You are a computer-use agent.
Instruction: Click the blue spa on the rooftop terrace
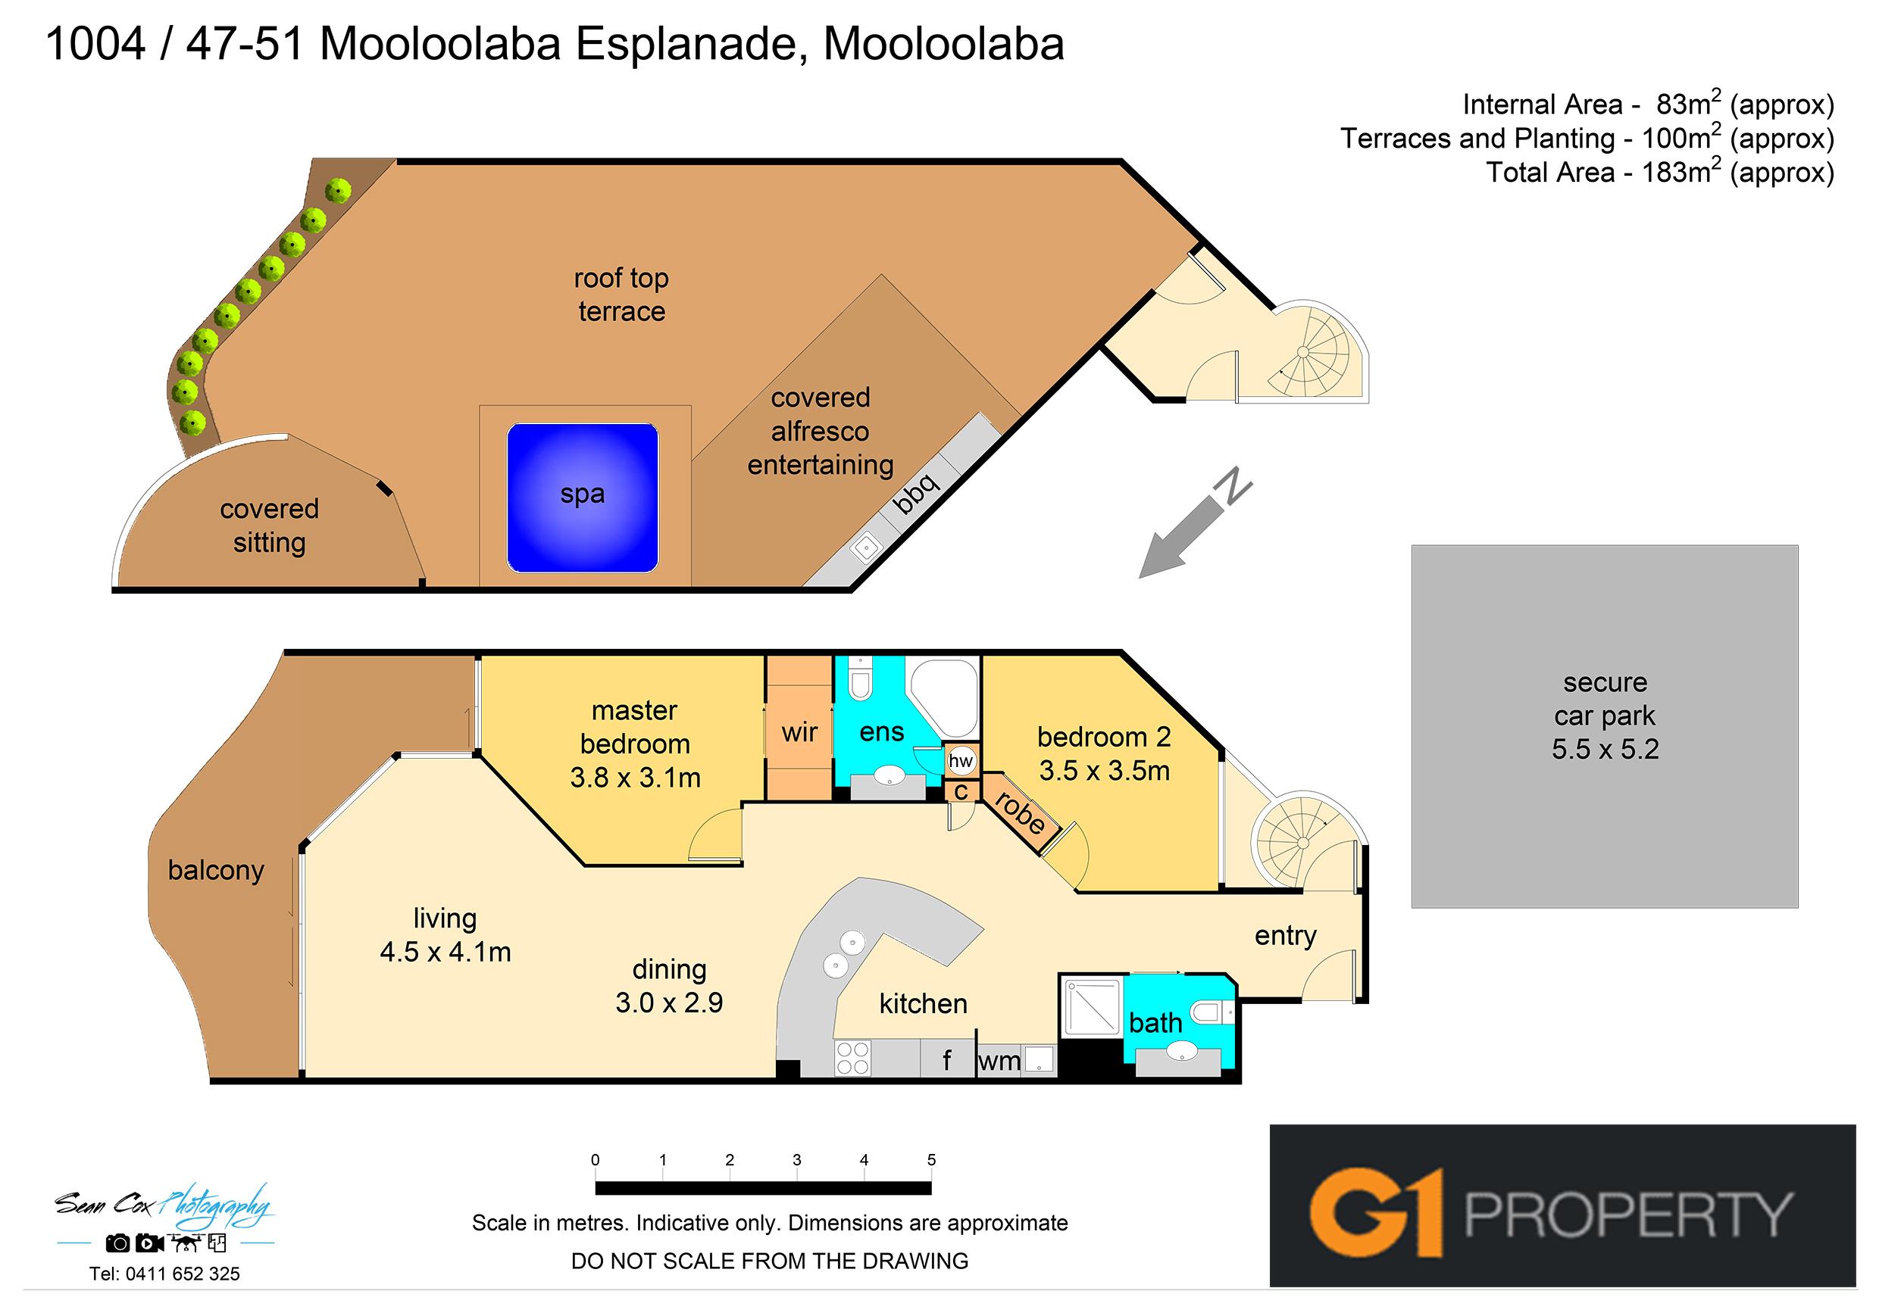tap(583, 497)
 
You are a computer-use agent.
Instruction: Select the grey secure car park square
tap(1604, 726)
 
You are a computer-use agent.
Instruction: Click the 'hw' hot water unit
tap(961, 761)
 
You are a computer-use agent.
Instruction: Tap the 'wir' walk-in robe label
tap(799, 732)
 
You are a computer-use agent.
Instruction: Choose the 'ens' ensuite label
tap(881, 732)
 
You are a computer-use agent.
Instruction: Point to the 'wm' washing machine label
tap(999, 1062)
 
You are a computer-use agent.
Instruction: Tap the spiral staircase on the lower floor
tap(1300, 842)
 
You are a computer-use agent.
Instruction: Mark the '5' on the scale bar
tap(931, 1160)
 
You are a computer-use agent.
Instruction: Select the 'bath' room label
tap(1155, 1022)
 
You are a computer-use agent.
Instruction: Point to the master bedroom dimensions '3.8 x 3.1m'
tap(635, 778)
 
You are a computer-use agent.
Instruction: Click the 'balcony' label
tap(216, 871)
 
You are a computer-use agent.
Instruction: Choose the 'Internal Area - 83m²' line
tap(1648, 104)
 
